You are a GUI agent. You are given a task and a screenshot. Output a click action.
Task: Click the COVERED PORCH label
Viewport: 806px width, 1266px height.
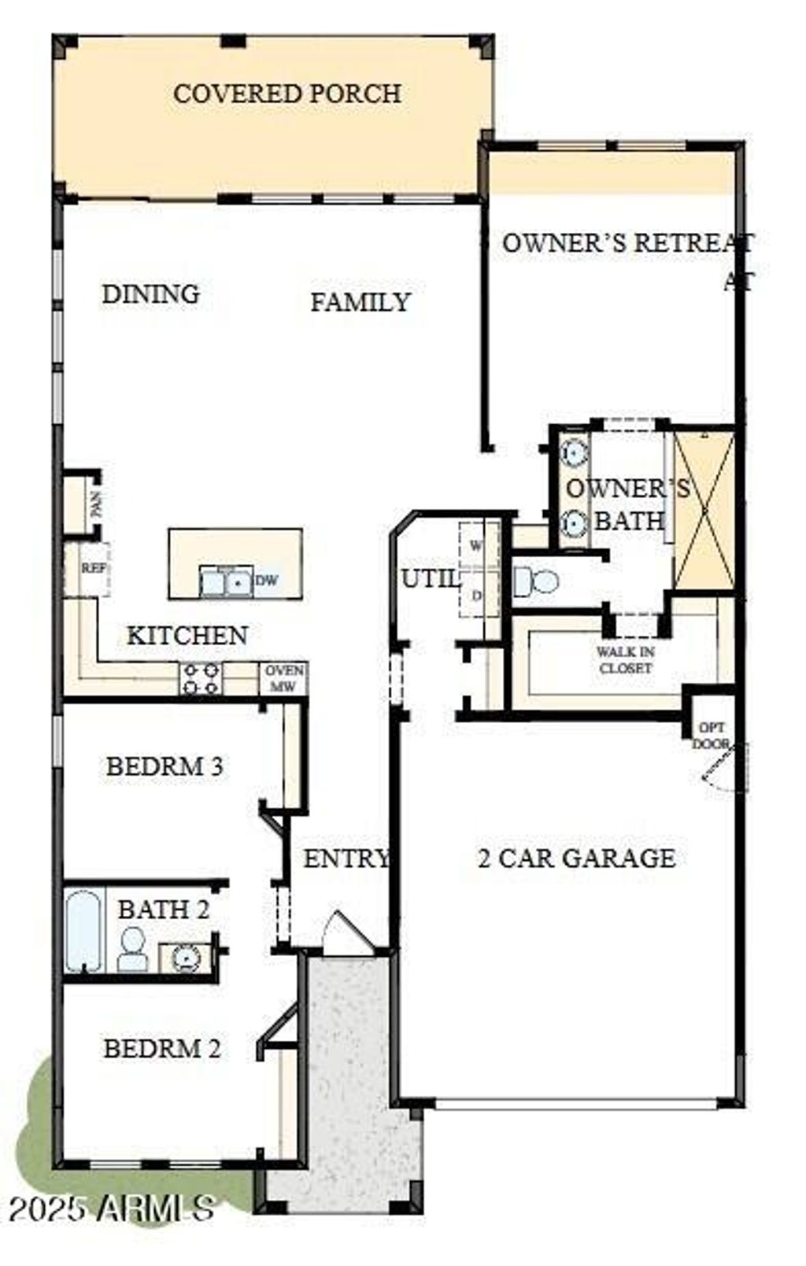[x=287, y=94]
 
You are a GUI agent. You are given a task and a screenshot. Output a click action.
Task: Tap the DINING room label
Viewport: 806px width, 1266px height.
[x=150, y=294]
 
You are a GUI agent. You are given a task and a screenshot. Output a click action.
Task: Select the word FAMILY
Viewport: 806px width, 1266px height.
[x=360, y=302]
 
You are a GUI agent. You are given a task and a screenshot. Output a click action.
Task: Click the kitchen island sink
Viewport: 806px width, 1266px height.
[x=226, y=581]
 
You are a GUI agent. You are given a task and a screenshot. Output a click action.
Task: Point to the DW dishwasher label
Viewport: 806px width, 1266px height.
[x=267, y=581]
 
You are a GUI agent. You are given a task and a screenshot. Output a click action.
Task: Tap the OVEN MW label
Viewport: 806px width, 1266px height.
[x=283, y=677]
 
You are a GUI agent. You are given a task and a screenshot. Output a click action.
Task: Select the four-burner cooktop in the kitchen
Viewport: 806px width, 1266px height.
[x=201, y=677]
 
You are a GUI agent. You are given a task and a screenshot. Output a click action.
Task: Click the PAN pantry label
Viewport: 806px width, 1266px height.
[x=97, y=504]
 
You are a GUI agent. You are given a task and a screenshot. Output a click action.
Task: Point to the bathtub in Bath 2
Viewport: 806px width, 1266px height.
[x=82, y=932]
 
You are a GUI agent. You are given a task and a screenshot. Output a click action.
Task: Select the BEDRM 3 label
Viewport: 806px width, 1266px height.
[x=165, y=766]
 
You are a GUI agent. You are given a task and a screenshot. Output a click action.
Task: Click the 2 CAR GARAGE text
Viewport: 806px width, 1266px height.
[x=576, y=858]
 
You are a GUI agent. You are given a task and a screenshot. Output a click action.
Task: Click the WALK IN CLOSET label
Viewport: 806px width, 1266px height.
[x=626, y=659]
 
